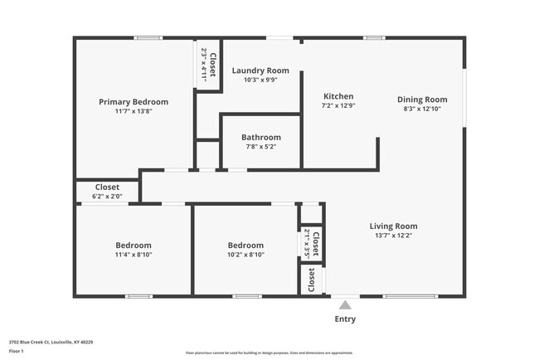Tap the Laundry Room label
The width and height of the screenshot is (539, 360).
click(260, 71)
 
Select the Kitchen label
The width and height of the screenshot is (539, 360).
click(337, 96)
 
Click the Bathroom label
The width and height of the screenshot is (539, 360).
click(260, 137)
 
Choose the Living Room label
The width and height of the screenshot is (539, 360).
click(393, 226)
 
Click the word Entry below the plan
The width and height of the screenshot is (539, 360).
click(345, 319)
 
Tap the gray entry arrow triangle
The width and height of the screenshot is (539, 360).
click(345, 305)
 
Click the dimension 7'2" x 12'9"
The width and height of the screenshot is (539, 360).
click(337, 106)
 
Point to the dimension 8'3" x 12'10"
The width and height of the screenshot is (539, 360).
click(422, 109)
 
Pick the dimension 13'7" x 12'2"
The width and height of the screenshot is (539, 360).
click(393, 235)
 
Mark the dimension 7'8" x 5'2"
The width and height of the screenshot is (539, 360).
click(260, 147)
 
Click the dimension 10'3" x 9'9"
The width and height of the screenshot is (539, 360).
click(260, 80)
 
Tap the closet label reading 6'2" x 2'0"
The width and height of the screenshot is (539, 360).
click(107, 197)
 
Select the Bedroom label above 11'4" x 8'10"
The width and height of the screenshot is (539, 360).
click(133, 246)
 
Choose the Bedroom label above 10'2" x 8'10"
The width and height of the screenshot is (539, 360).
click(245, 246)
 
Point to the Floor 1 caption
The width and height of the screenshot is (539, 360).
click(17, 351)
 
